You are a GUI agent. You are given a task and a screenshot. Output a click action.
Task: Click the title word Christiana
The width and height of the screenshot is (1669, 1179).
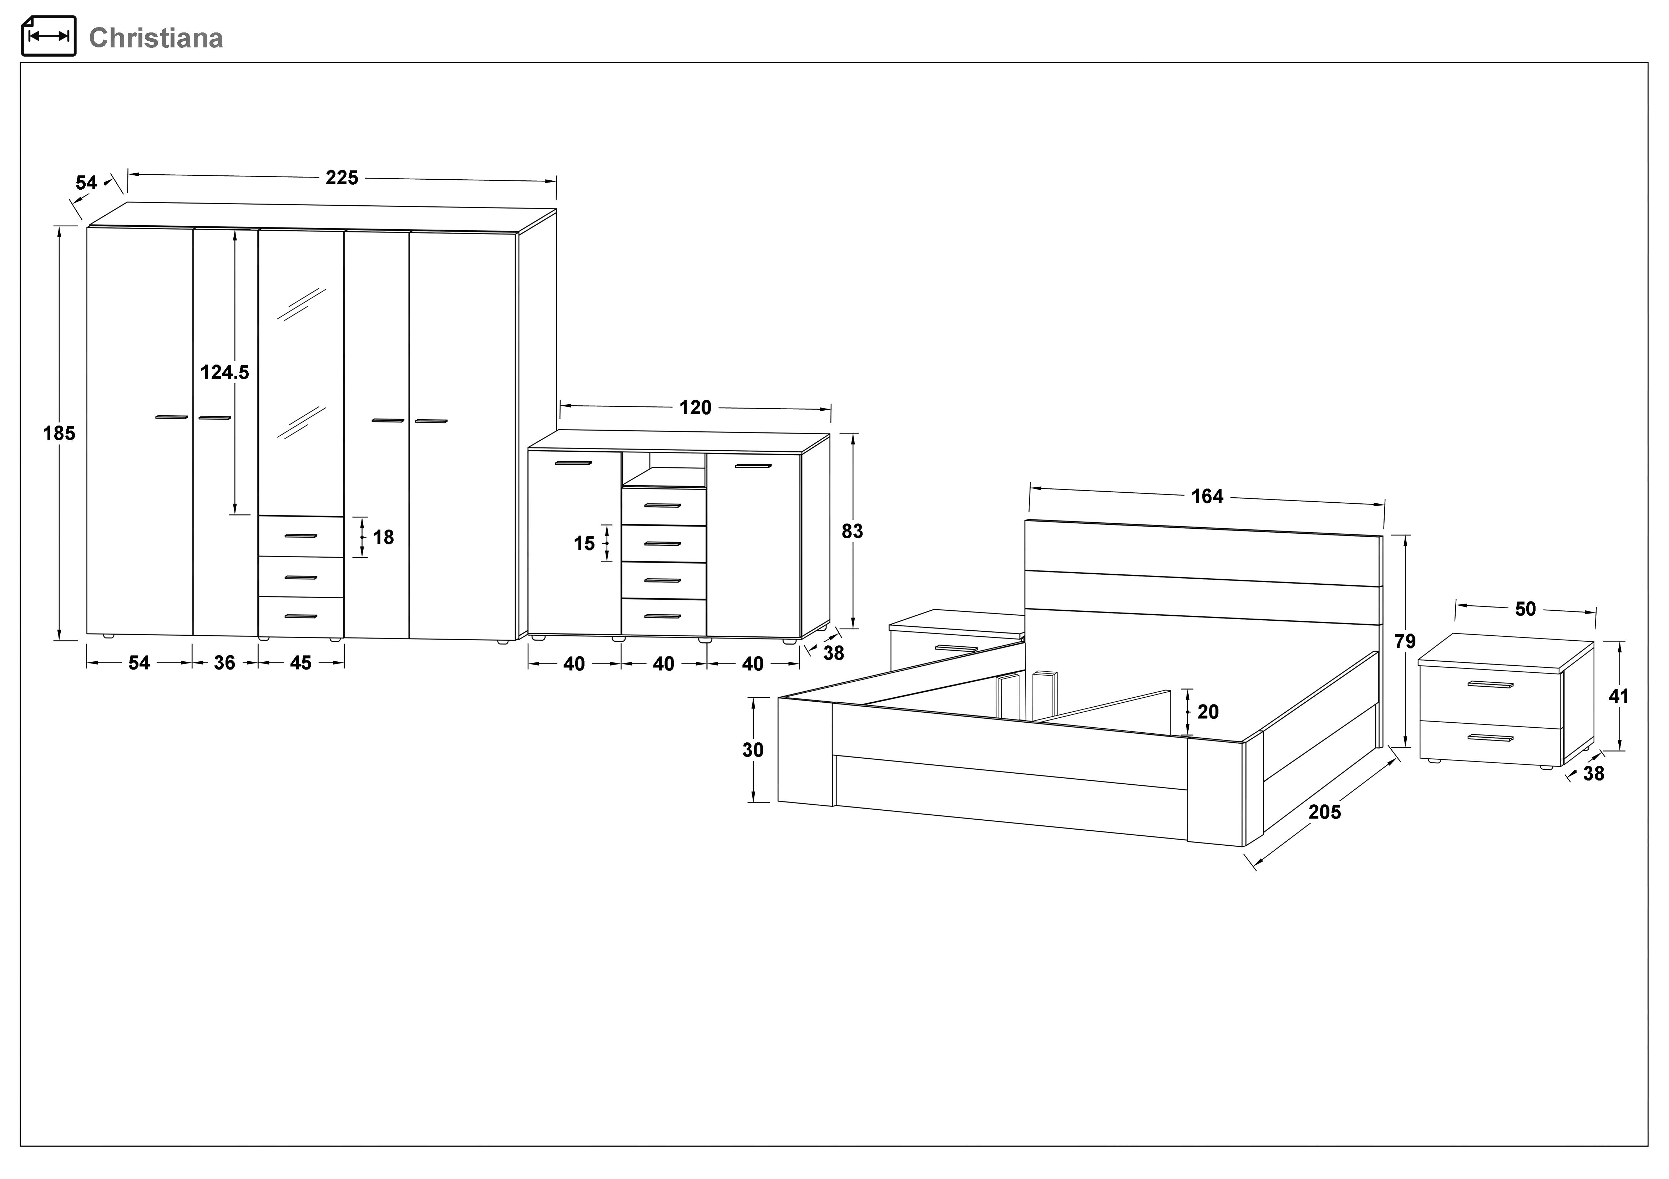156,38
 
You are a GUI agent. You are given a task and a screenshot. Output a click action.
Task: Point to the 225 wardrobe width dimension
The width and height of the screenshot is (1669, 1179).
342,178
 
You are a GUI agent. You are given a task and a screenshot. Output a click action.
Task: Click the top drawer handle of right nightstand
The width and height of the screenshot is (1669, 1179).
1490,684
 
